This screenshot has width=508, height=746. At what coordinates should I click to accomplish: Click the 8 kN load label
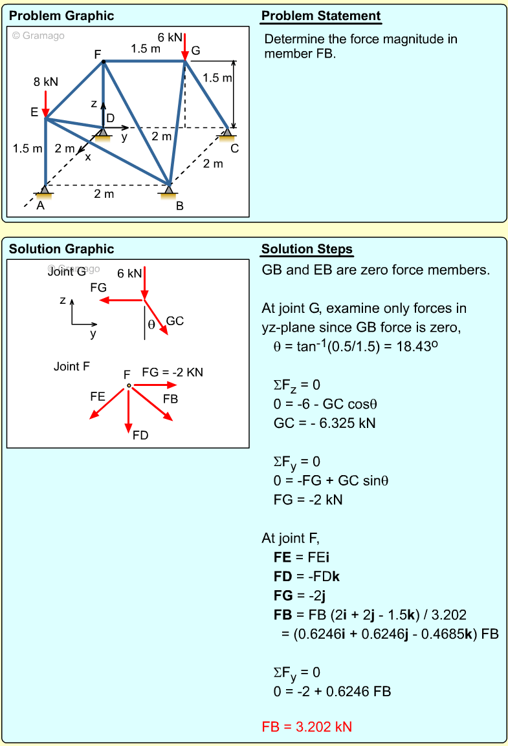46,82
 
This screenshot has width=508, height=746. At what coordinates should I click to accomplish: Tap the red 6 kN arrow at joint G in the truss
185,47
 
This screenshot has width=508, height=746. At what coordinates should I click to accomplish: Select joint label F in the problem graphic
98,54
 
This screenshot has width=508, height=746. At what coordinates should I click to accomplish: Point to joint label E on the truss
34,112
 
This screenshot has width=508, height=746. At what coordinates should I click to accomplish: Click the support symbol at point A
44,190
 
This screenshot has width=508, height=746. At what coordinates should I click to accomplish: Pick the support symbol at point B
169,190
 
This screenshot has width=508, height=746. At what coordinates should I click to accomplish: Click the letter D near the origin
110,118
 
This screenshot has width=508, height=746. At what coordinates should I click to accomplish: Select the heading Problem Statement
321,16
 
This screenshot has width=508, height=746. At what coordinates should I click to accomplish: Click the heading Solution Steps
307,250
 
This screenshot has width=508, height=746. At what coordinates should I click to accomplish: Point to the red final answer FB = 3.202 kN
307,727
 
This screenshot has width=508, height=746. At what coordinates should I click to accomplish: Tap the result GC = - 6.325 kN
325,423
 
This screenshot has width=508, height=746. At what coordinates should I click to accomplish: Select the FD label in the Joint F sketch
140,435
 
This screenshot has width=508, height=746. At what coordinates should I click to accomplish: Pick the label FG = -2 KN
173,372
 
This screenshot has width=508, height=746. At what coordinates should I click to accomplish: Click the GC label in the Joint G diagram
175,321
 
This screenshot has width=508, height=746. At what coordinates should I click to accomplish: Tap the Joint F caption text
71,367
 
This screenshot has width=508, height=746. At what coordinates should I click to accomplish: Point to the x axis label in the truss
88,156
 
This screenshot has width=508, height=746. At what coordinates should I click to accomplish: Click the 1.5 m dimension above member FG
146,48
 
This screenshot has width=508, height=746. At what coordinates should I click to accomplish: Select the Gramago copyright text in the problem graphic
39,36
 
